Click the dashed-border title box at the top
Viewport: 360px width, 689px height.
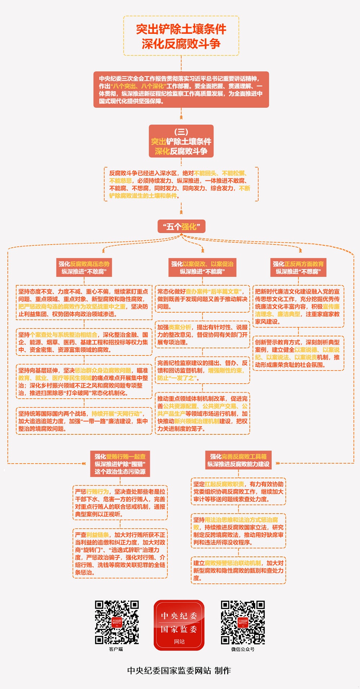181,36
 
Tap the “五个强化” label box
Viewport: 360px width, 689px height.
181,227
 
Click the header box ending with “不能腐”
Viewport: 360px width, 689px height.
202,268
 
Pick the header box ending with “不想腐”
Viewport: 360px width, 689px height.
298,268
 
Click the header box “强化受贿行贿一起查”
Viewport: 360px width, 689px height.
120,464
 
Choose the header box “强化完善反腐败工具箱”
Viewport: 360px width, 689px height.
238,460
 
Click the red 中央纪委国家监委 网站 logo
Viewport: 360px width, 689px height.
179,625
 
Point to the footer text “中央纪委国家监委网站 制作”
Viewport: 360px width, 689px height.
179,670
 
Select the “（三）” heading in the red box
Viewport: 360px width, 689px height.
181,132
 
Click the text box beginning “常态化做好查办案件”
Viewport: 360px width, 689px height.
202,299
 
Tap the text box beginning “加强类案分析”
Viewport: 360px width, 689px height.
202,335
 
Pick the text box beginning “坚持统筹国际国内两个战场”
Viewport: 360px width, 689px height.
84,421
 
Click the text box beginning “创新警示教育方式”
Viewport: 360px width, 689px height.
298,353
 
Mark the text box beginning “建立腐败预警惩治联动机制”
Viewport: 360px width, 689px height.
238,570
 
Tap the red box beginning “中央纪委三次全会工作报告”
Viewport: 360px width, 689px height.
181,90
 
